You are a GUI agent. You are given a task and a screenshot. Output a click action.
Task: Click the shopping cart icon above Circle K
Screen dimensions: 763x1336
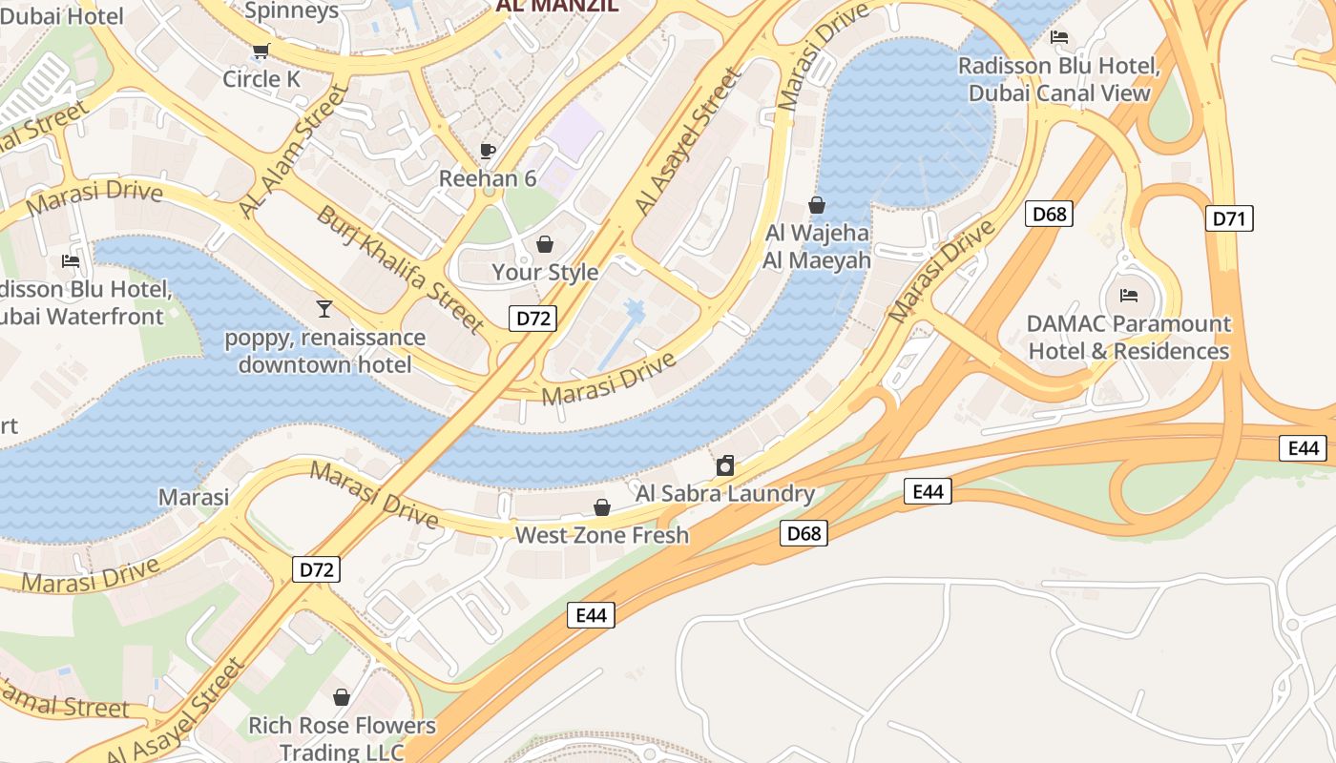coord(261,51)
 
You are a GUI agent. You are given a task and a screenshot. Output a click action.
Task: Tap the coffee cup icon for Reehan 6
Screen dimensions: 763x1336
coord(488,151)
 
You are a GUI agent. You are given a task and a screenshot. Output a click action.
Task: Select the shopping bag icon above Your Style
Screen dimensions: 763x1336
coord(545,244)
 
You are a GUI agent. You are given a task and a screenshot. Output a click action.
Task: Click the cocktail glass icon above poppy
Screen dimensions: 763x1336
coord(324,308)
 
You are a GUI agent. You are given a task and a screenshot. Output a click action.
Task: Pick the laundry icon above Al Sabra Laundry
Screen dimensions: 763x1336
coord(725,465)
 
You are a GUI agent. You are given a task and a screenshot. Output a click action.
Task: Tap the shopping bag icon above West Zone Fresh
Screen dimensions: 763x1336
coord(601,506)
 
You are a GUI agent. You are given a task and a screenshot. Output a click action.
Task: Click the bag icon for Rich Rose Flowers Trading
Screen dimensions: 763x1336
coord(342,697)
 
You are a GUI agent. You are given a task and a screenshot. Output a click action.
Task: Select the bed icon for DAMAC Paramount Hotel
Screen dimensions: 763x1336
coord(1129,295)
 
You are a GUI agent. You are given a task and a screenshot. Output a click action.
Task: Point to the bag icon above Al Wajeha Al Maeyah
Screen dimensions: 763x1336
coord(817,205)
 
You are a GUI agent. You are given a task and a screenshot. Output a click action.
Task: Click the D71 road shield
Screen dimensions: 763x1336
coord(1229,218)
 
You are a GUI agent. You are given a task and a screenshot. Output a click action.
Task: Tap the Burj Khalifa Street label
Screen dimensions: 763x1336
coord(401,269)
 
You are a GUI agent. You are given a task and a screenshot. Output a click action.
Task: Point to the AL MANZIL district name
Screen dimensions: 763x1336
coord(556,6)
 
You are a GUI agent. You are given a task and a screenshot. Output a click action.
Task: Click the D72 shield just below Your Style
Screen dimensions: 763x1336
coord(532,319)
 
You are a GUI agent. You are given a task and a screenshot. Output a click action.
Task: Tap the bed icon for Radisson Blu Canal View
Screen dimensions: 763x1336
coord(1059,37)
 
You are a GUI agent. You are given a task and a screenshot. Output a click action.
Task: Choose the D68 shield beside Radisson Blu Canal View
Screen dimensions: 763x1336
coord(1050,214)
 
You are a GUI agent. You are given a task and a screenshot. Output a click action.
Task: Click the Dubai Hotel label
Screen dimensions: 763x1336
coord(62,16)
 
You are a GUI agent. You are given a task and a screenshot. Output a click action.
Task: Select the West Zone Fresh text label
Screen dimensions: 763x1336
coord(601,535)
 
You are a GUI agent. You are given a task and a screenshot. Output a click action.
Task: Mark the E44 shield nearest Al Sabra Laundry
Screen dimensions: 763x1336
coord(928,491)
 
